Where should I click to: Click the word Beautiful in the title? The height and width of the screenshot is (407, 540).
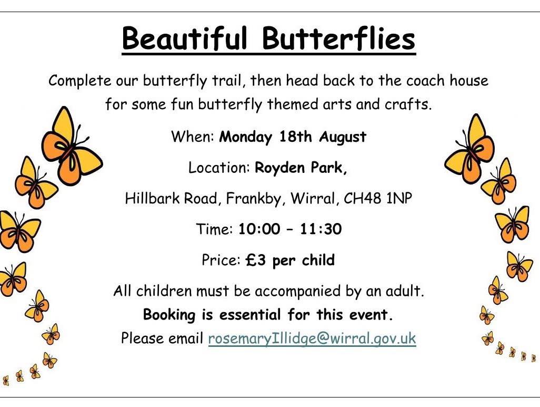185,38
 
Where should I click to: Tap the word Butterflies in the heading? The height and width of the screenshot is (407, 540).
338,38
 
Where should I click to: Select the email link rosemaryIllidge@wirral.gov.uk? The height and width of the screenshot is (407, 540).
312,338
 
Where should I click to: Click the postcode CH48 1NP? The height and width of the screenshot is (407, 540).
378,198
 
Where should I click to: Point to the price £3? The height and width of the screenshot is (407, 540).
256,260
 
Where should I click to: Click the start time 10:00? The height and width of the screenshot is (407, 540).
259,229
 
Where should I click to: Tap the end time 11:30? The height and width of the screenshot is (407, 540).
321,229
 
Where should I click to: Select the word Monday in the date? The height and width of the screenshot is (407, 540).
246,137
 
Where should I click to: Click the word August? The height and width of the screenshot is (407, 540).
343,137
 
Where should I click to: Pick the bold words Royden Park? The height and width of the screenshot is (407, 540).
301,168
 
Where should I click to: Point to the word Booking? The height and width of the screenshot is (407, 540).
169,315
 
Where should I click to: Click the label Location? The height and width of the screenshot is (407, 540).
219,168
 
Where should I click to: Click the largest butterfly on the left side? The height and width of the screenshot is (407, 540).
72,147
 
